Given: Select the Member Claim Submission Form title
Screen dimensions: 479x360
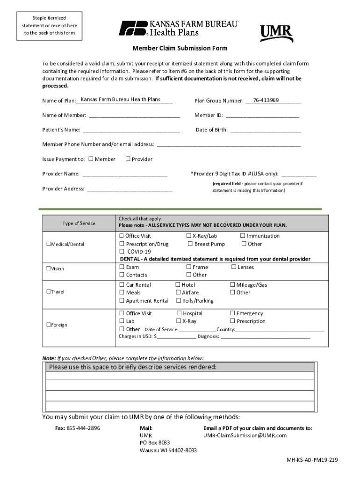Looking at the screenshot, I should click(x=180, y=48).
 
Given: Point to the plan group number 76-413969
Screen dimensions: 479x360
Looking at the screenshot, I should click(x=266, y=100).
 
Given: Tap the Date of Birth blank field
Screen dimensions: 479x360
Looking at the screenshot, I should click(x=266, y=130).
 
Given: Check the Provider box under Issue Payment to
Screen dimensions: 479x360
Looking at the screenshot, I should click(x=128, y=159).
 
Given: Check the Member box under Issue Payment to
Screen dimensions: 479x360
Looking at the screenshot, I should click(x=91, y=159).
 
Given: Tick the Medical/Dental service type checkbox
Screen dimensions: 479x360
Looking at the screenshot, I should click(x=48, y=244).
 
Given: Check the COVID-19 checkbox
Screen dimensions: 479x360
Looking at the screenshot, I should click(x=122, y=251).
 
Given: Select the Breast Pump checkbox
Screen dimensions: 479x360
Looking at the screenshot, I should click(x=190, y=244).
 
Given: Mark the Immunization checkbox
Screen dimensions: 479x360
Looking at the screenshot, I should click(x=243, y=236).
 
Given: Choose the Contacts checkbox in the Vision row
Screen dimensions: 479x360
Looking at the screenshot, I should click(x=122, y=275).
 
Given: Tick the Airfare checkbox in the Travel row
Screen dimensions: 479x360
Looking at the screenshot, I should click(x=178, y=292).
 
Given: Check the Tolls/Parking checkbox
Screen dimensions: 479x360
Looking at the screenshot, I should click(x=178, y=300).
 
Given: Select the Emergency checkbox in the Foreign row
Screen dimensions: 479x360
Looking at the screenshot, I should click(x=232, y=313).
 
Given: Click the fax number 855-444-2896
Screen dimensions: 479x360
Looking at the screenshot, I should click(x=83, y=428).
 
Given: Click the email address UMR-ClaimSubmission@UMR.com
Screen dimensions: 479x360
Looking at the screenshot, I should click(x=245, y=435).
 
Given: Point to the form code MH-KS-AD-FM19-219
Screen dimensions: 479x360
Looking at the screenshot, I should click(x=312, y=460).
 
